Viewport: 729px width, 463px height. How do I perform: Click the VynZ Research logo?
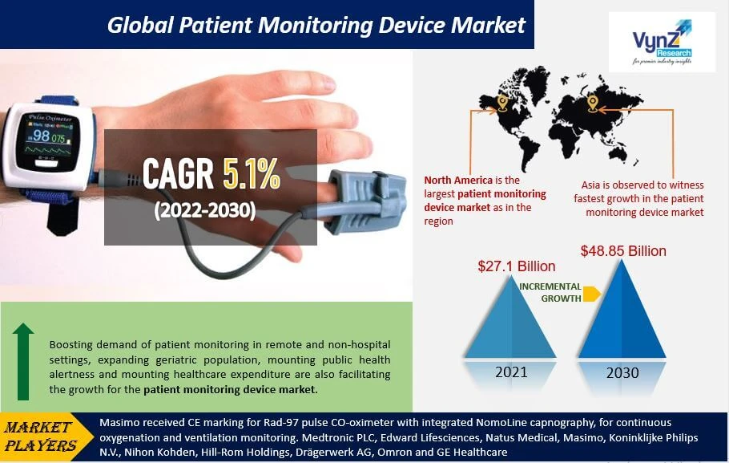click(661, 43)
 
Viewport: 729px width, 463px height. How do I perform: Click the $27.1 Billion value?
click(516, 266)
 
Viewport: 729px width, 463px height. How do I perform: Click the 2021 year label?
click(510, 372)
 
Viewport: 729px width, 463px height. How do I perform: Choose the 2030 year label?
click(622, 373)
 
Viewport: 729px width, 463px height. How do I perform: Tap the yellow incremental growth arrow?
click(591, 294)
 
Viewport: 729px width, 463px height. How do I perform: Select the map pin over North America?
click(502, 103)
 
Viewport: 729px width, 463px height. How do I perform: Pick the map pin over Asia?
click(593, 103)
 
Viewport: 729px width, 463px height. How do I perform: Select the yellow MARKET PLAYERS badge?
click(47, 436)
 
